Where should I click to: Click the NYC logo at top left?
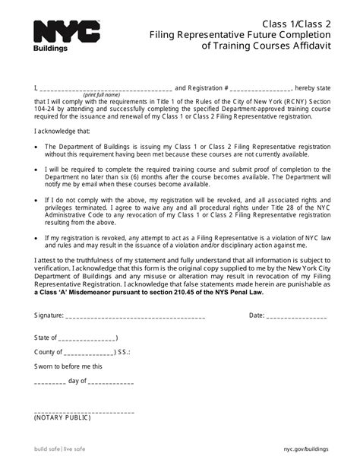coord(67,32)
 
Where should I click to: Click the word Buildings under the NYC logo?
coord(51,49)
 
